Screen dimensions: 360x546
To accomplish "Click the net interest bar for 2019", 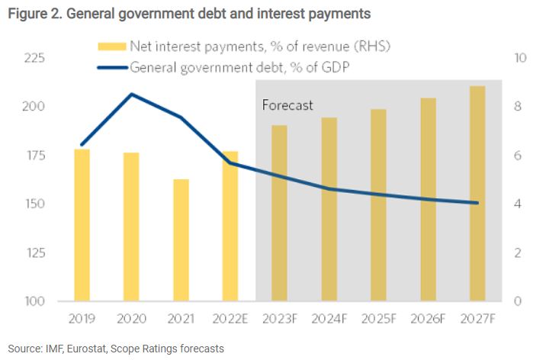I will click(82, 225).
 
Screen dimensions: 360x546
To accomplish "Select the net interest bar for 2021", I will click(181, 240).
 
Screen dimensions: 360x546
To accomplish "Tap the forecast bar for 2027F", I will click(477, 194).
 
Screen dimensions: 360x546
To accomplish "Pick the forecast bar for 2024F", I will click(329, 210).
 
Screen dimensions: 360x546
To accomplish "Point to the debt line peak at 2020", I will click(131, 95).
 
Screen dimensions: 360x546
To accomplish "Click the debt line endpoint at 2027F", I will click(477, 203).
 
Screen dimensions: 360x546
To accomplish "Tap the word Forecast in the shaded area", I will click(287, 105).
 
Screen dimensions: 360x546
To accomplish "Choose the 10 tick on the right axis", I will click(519, 58).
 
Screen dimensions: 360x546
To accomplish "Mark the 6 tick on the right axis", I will click(519, 156).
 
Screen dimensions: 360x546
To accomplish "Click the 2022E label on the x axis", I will click(230, 319).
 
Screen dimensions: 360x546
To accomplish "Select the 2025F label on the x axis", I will click(378, 319).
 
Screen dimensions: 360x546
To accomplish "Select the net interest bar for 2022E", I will click(230, 226).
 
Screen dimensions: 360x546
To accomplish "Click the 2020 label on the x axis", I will click(131, 319).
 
